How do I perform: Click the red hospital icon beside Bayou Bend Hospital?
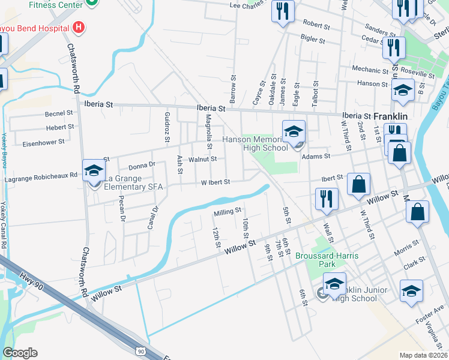click(77, 27)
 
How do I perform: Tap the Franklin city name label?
click(391, 116)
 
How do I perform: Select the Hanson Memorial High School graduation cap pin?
click(294, 132)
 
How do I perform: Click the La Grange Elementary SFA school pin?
click(93, 172)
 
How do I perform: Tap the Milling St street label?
click(227, 211)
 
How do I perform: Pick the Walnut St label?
click(202, 159)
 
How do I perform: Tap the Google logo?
click(20, 353)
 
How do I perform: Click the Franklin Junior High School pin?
click(334, 284)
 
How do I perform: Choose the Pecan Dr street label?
click(122, 209)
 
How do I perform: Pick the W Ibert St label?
click(215, 182)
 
